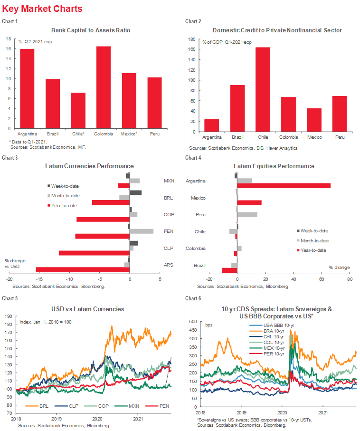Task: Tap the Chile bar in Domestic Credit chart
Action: coord(263,88)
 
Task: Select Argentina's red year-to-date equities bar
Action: coord(284,185)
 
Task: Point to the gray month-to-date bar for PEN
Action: coord(142,231)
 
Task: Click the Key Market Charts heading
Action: coord(42,9)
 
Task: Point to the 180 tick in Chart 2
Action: coord(192,39)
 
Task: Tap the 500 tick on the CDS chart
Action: coord(193,322)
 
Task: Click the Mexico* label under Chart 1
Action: coord(129,134)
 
